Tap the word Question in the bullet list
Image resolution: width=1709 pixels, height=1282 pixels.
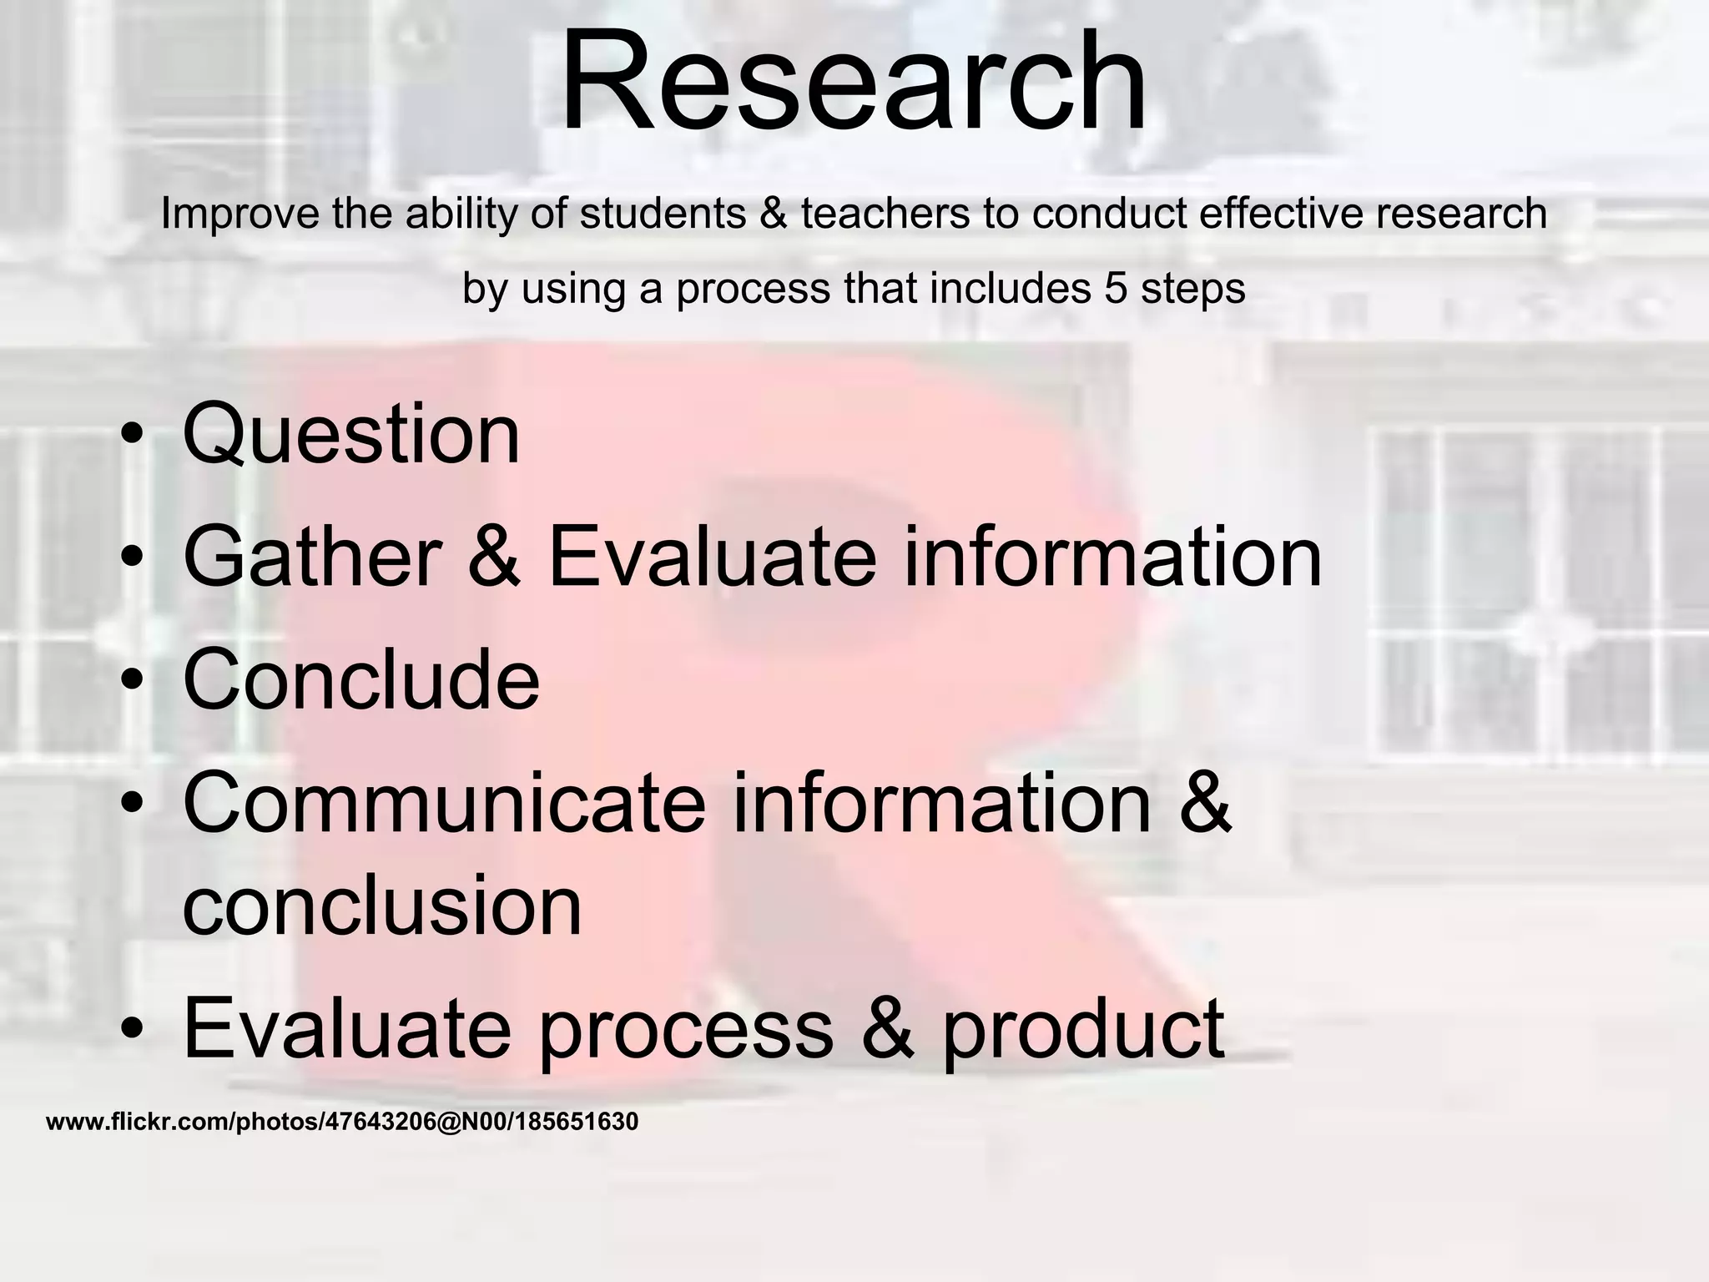click(x=350, y=435)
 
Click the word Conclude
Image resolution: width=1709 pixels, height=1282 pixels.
click(x=360, y=679)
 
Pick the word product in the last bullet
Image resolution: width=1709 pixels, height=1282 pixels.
click(x=1083, y=1028)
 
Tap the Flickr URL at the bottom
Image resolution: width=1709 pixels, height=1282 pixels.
click(x=341, y=1122)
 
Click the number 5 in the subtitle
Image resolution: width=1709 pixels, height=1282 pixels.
click(x=1117, y=289)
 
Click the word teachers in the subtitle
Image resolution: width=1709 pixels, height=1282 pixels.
click(x=885, y=214)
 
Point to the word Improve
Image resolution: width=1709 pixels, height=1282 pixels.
click(x=239, y=214)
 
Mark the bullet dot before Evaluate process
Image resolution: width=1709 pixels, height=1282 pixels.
click(x=132, y=1028)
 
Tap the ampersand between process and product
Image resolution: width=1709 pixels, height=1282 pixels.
click(x=887, y=1028)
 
